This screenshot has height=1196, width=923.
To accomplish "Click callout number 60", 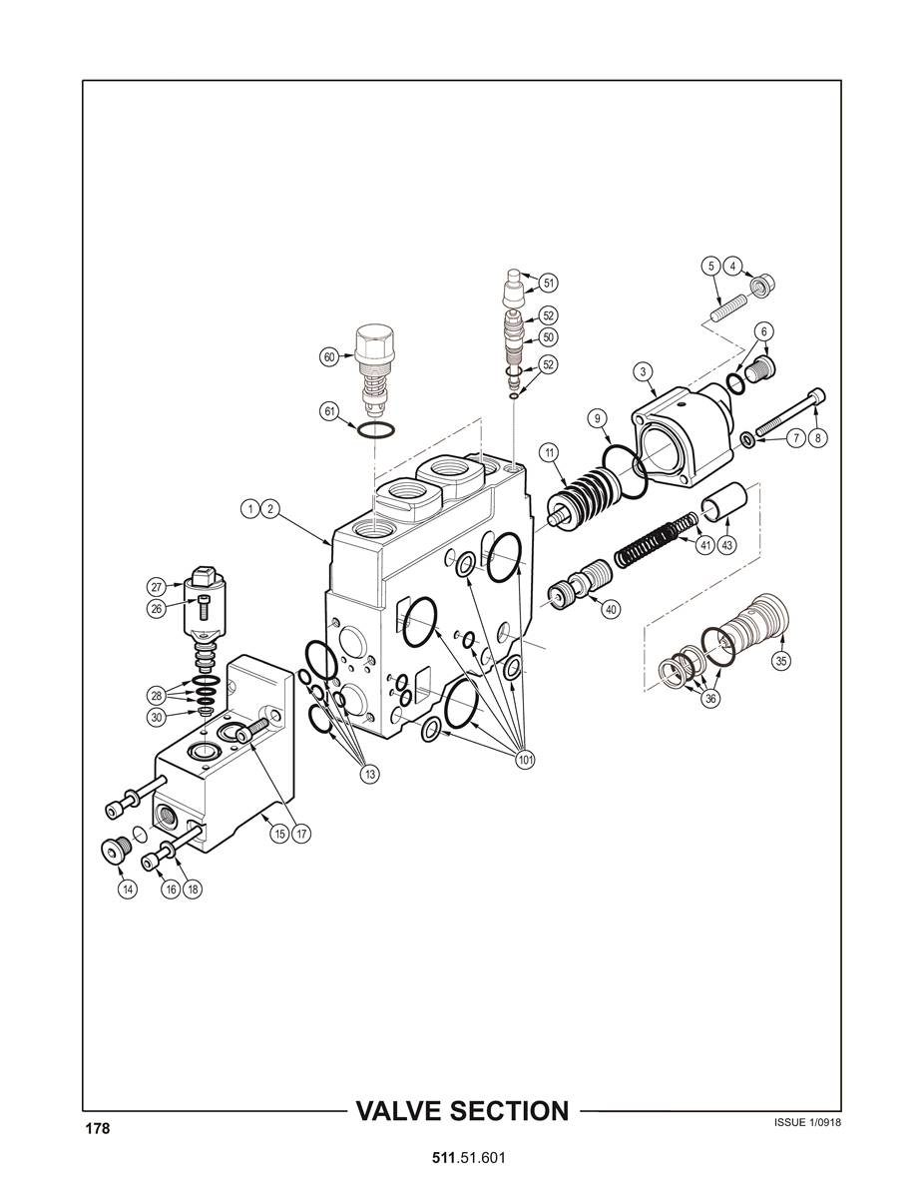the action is tap(328, 356).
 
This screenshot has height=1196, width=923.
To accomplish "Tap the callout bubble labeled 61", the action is tap(328, 412).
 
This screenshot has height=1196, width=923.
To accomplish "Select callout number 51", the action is tap(548, 283).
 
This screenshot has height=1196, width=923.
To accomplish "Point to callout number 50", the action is tap(548, 337).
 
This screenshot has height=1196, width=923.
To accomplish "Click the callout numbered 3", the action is tap(644, 371).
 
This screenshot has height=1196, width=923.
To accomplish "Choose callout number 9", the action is tap(598, 418).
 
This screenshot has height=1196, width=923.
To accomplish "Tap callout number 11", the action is tap(550, 452).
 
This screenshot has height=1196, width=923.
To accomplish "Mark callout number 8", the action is tap(818, 438).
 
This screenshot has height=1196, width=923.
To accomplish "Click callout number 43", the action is tap(727, 545).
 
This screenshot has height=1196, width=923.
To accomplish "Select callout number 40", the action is tap(611, 609).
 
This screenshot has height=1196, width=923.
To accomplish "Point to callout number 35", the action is tap(781, 661).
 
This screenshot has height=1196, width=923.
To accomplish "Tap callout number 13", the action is tap(369, 774).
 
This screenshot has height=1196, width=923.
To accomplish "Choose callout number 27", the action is tap(157, 587).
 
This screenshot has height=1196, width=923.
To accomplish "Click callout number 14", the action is tap(128, 889).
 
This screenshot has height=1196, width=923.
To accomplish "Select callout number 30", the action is tap(157, 717).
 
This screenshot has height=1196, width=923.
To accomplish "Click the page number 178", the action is tap(97, 1129).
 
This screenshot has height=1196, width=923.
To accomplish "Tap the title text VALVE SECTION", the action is tap(463, 1110).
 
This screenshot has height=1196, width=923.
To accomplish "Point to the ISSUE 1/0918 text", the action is tap(808, 1123).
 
